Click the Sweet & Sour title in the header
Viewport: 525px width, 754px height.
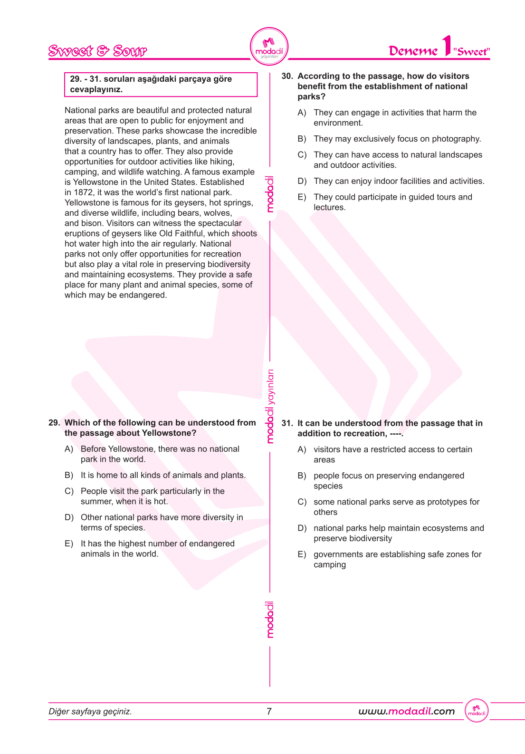[97, 51]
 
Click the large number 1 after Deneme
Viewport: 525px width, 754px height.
[446, 46]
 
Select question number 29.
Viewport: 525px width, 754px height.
[54, 423]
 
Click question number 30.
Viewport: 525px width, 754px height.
[287, 76]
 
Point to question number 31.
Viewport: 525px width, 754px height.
[287, 423]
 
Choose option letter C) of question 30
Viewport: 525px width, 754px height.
[302, 155]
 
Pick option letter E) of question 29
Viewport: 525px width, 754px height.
[69, 544]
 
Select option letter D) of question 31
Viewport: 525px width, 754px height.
[302, 528]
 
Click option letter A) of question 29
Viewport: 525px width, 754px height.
[69, 449]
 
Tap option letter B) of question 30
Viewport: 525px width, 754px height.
[302, 139]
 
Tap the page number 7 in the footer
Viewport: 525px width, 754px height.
[269, 711]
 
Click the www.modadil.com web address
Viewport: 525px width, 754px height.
[406, 711]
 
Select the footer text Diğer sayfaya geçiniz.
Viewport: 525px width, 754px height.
[90, 711]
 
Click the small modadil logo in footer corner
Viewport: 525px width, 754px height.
[477, 711]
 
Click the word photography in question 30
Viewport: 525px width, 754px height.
[456, 139]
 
